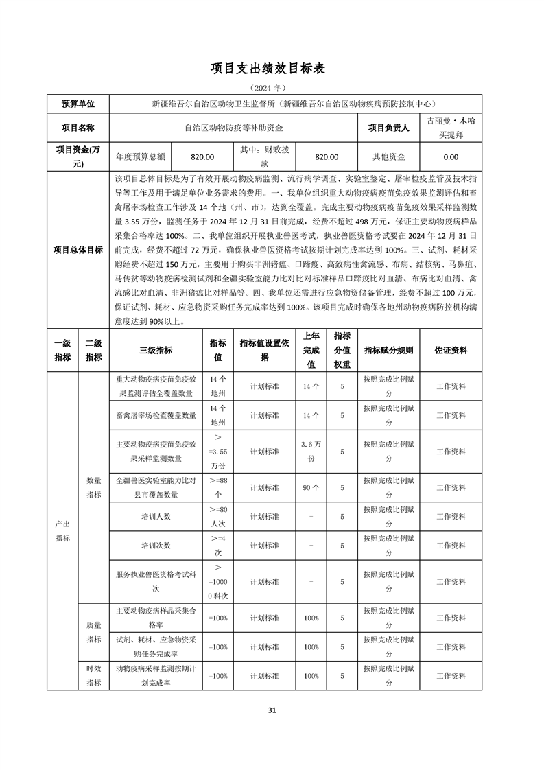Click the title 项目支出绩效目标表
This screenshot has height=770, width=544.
pyautogui.click(x=272, y=69)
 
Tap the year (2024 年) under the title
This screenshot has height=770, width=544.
pyautogui.click(x=272, y=88)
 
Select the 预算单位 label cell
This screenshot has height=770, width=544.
pyautogui.click(x=78, y=104)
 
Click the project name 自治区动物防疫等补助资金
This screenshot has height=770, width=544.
pyautogui.click(x=234, y=127)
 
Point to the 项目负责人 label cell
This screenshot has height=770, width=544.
pyautogui.click(x=388, y=127)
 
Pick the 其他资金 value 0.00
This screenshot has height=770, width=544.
pyautogui.click(x=450, y=156)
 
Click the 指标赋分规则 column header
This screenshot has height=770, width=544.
pyautogui.click(x=388, y=350)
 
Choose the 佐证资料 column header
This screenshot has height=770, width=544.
pyautogui.click(x=451, y=350)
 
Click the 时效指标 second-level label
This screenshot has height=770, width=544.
pyautogui.click(x=93, y=675)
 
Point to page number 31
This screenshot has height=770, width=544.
pyautogui.click(x=272, y=710)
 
